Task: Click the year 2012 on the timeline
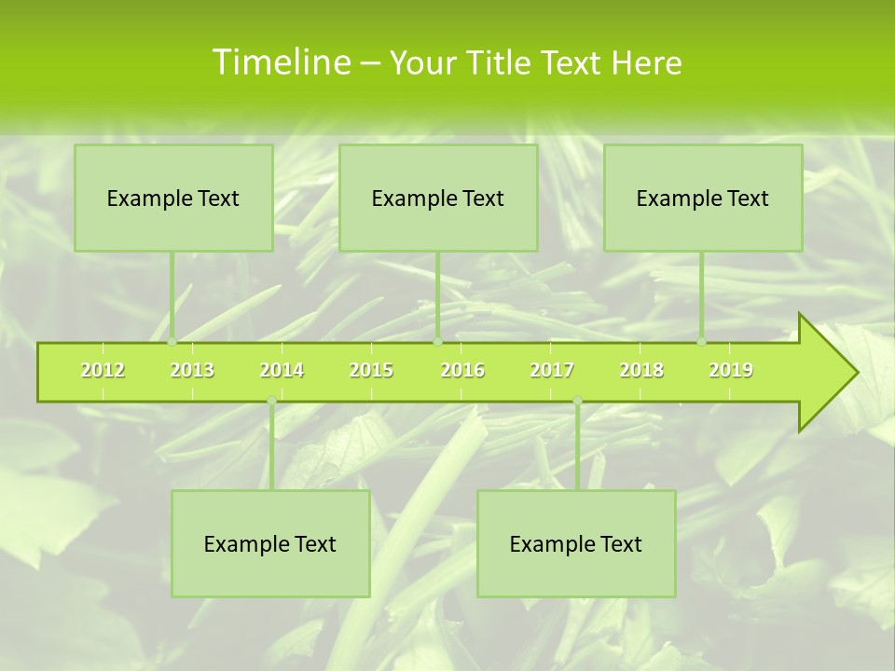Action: [x=103, y=371]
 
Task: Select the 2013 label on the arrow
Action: [x=192, y=371]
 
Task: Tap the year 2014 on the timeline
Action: [x=282, y=371]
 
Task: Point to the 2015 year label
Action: [x=371, y=371]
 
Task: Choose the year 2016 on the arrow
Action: [x=462, y=371]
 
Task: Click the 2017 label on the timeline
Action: [x=552, y=371]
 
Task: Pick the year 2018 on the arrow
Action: [x=641, y=371]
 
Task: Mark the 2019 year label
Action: [x=731, y=371]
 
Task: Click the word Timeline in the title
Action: [x=280, y=62]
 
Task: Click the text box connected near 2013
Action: [x=173, y=199]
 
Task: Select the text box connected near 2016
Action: [x=438, y=199]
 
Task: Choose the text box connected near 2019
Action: [x=703, y=199]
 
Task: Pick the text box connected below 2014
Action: [x=270, y=544]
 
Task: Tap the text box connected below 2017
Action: [x=576, y=544]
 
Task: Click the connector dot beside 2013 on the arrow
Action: [x=172, y=342]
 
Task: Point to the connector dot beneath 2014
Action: [x=271, y=401]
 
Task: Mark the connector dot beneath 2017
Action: [x=577, y=401]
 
